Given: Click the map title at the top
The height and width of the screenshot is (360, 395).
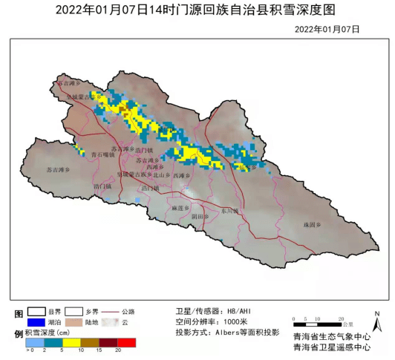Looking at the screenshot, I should coord(197,10).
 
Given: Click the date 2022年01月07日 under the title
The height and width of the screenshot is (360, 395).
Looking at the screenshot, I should coord(327,29).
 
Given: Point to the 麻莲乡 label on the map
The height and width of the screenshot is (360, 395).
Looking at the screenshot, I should coord(182,209).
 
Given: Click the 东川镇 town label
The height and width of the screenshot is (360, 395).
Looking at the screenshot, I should coord(229,211).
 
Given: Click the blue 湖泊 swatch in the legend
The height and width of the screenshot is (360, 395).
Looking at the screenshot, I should coord(36,323).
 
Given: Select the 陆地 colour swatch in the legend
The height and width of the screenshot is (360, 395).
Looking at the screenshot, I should coord(74,323).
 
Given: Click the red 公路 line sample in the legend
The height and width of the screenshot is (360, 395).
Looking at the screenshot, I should coord(108,312).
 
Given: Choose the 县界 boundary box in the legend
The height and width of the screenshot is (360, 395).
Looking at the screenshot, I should coord(36,312).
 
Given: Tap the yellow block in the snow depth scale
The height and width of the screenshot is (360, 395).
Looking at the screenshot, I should coord(72,343).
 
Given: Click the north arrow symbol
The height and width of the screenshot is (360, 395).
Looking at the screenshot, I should coord(376,320).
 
